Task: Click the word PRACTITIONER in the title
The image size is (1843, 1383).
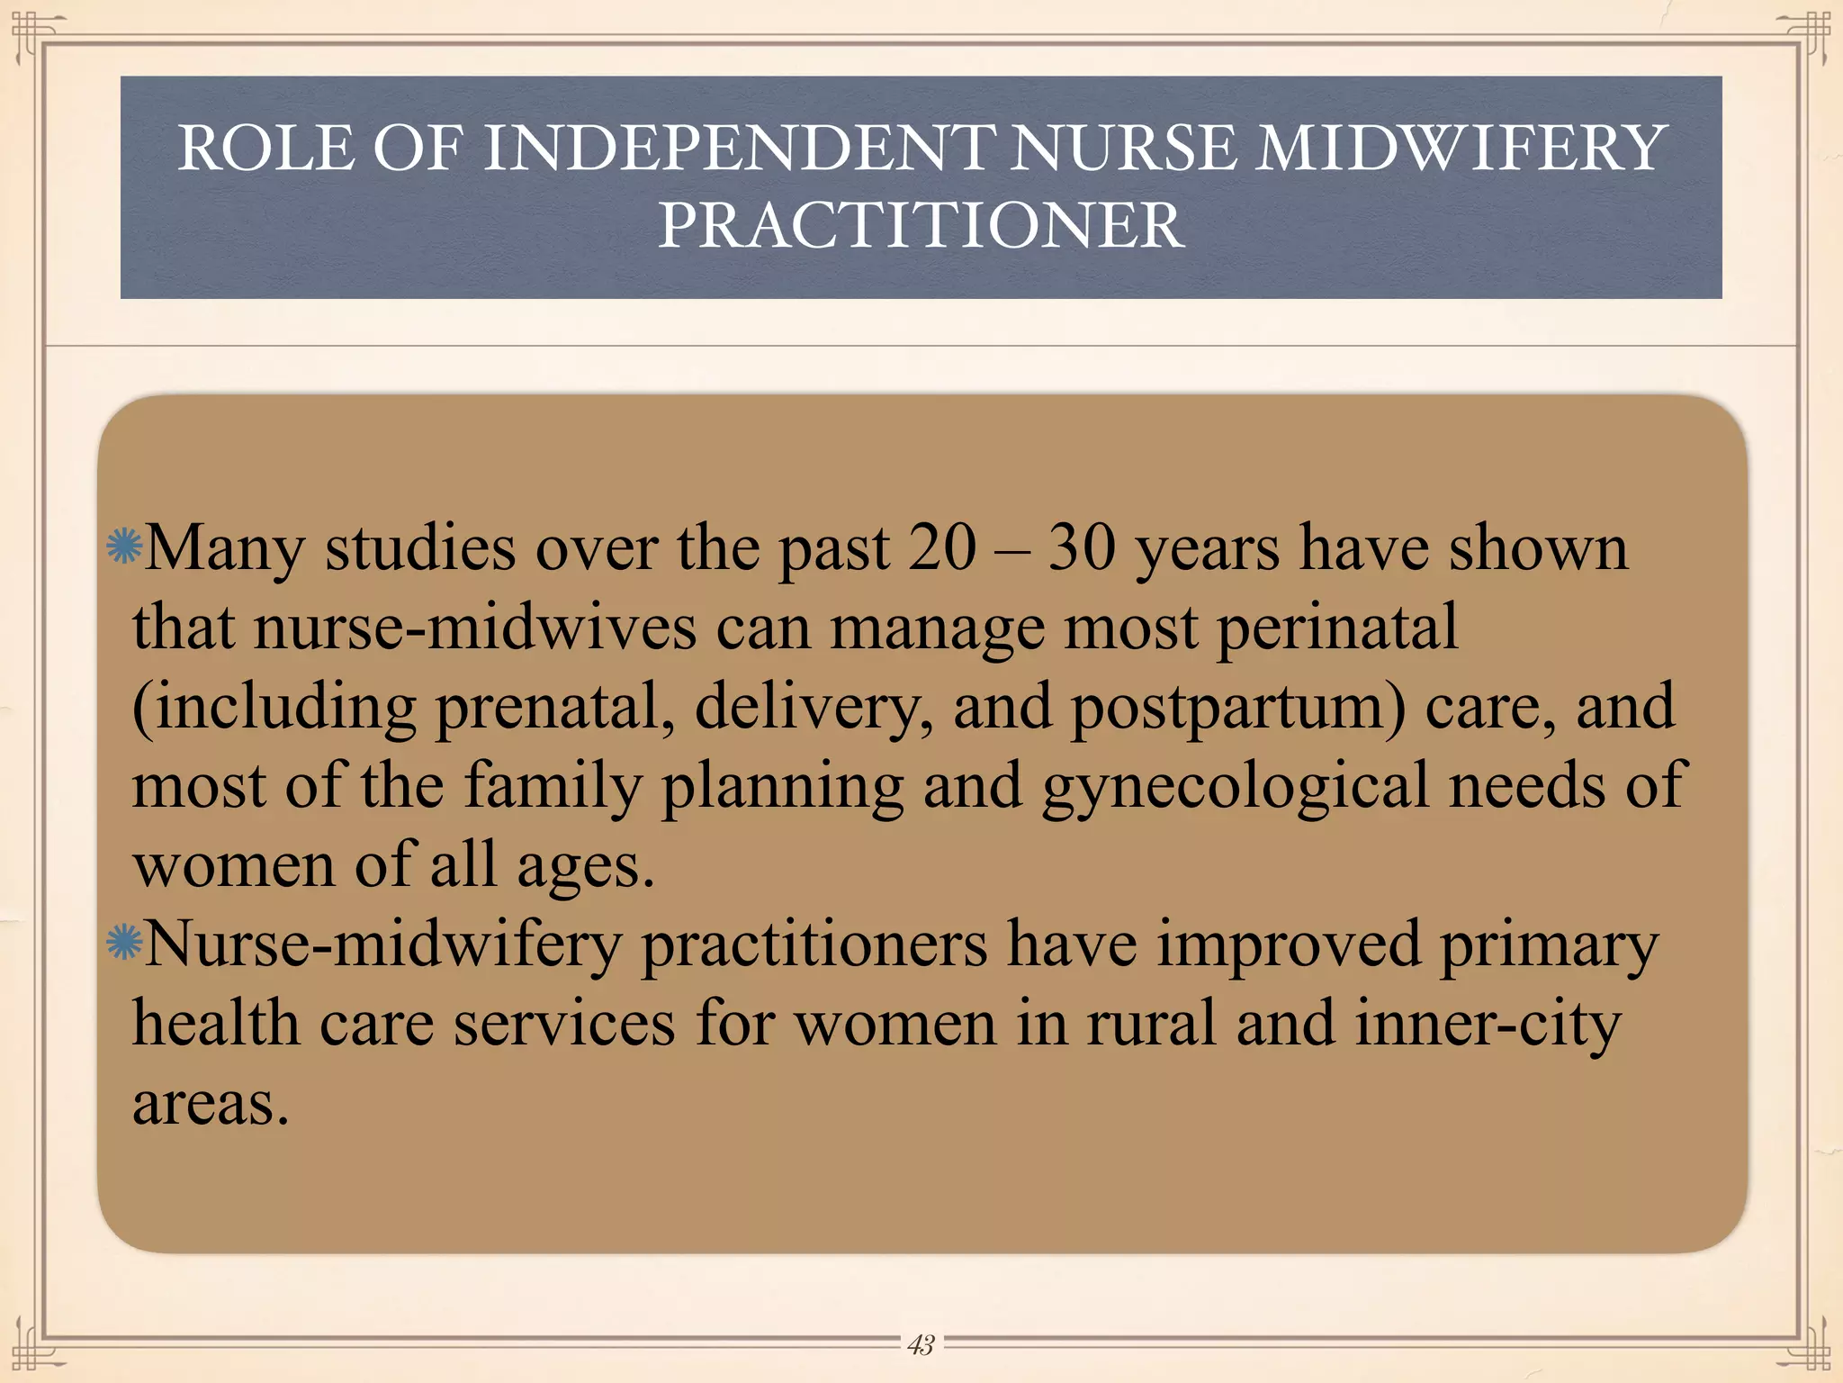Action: [x=921, y=225]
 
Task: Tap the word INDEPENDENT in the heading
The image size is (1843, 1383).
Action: [x=740, y=149]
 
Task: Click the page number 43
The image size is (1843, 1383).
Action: [x=921, y=1344]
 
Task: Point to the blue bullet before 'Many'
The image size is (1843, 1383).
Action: [x=123, y=547]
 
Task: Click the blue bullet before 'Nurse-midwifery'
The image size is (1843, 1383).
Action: [x=123, y=943]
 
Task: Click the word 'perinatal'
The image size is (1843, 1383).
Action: [x=1337, y=628]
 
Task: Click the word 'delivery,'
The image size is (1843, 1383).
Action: [x=814, y=707]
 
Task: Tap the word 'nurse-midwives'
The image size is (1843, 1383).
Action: [x=475, y=628]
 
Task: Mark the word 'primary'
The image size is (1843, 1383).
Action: [x=1548, y=946]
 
